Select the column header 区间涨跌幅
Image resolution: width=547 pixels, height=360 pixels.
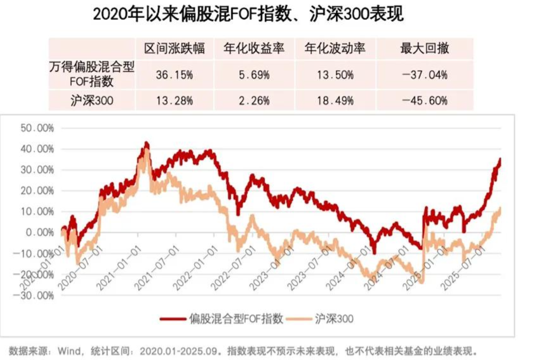point(175,48)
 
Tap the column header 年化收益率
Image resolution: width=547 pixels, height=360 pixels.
point(254,48)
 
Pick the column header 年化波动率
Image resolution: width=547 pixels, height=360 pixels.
point(335,48)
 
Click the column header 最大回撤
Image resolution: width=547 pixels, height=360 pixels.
point(425,48)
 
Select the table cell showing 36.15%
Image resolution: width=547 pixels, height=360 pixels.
point(175,74)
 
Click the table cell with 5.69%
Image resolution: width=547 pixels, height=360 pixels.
point(254,74)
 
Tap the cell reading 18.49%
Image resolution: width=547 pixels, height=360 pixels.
point(335,100)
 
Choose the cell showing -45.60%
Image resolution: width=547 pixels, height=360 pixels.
point(425,100)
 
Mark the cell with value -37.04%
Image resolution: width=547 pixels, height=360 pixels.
point(425,74)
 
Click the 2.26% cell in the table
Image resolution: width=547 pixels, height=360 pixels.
point(254,100)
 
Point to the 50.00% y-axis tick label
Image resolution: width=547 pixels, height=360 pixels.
point(38,128)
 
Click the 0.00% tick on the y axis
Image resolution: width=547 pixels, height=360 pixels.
point(40,232)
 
